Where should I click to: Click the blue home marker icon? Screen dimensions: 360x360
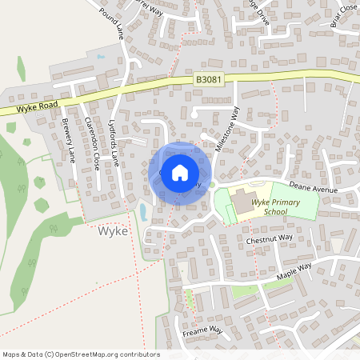[x=180, y=171]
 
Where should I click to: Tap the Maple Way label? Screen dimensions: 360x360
[x=294, y=271]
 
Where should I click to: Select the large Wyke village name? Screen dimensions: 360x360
[x=114, y=231]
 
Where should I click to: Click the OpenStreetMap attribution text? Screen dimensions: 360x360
[x=81, y=354]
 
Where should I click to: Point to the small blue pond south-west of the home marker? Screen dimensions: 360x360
[x=143, y=212]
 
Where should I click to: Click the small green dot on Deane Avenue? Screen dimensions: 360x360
[x=212, y=186]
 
